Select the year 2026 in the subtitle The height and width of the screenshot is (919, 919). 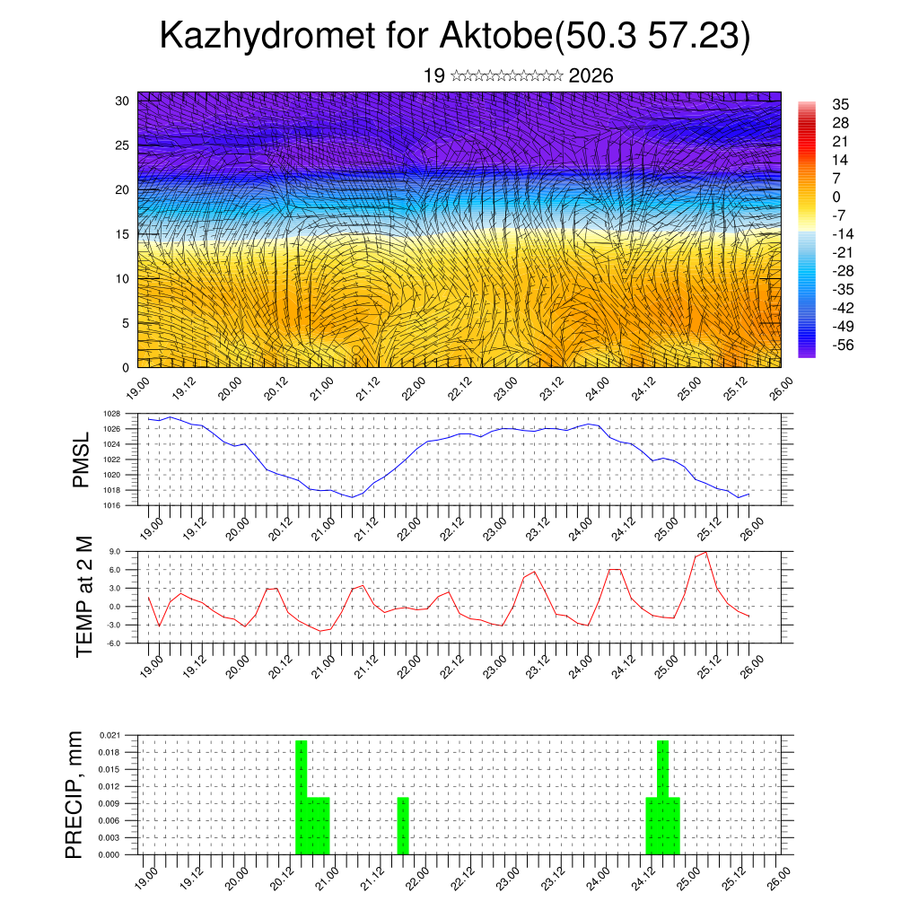tap(591, 76)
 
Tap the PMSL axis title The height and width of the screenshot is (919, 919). tap(82, 459)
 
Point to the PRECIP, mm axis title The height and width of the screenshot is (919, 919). tap(74, 794)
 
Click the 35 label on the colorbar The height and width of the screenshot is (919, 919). tap(841, 105)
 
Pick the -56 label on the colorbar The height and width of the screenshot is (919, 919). tap(843, 344)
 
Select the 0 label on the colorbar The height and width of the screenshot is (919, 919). tap(836, 197)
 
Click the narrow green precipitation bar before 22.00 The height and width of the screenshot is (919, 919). tap(403, 826)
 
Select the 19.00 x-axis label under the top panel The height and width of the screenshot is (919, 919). tap(139, 388)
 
